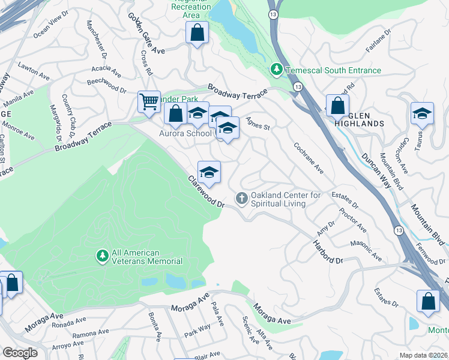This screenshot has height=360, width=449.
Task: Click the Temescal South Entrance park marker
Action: click(277, 70)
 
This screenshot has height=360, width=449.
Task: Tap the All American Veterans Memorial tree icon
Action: click(103, 256)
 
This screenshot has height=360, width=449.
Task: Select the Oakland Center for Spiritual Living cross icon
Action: click(242, 198)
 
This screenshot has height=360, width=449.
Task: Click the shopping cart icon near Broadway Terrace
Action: click(148, 101)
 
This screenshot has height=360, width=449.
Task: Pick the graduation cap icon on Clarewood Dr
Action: click(209, 172)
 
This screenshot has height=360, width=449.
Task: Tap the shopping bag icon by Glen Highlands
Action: click(337, 105)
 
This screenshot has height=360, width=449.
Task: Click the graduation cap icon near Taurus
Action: click(422, 113)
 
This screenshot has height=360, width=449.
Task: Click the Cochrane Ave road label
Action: click(309, 158)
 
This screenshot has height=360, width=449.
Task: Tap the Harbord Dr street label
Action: click(327, 252)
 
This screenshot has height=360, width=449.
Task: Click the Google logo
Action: click(20, 353)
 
